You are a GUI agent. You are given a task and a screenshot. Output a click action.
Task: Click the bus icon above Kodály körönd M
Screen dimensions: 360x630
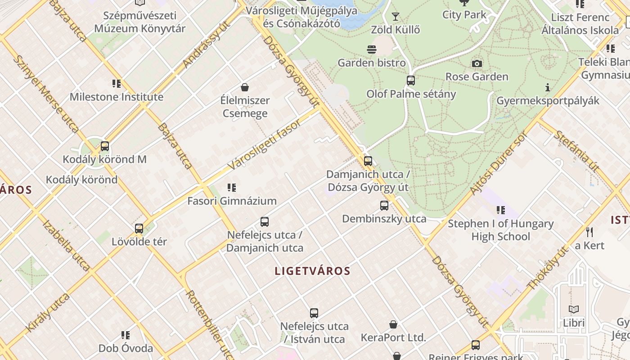tap(105, 146)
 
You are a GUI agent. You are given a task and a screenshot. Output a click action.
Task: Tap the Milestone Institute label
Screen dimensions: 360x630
tap(116, 97)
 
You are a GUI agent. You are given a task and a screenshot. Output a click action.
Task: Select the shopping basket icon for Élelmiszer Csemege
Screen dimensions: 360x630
tap(245, 87)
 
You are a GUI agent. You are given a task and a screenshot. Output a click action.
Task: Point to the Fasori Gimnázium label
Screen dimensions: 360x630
tap(232, 201)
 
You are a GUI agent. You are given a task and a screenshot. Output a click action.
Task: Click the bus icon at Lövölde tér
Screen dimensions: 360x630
tap(139, 229)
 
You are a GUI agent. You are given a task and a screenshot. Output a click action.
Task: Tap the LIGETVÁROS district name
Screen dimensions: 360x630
tap(312, 271)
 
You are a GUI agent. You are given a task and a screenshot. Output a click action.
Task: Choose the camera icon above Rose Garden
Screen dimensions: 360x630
tap(477, 64)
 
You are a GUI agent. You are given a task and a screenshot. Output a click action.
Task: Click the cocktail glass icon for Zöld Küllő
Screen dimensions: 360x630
tap(396, 17)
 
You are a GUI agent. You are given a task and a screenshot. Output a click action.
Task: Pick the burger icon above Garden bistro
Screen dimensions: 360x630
tap(372, 49)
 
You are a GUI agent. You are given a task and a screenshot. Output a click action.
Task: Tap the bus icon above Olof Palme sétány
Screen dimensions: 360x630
tap(411, 81)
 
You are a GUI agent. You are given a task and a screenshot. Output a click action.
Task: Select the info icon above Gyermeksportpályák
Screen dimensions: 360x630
tap(548, 87)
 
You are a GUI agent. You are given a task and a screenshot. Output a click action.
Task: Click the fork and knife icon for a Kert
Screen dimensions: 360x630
tap(589, 232)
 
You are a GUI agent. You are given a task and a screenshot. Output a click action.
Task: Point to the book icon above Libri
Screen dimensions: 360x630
tap(574, 310)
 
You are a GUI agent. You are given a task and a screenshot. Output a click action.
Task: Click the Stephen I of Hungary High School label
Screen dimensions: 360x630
tap(500, 230)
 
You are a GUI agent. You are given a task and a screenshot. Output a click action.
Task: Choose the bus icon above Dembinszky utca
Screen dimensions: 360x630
tap(384, 206)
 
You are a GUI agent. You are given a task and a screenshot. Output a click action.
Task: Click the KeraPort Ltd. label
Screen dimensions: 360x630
tap(393, 337)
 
